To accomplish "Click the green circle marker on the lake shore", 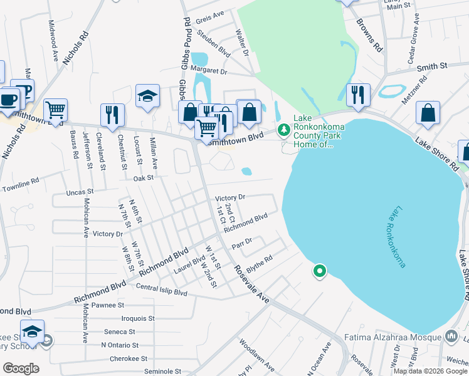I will [x=319, y=271].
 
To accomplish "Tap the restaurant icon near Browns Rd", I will [x=358, y=95].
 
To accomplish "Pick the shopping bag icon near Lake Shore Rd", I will [x=428, y=113].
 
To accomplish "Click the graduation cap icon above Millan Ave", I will [x=147, y=96].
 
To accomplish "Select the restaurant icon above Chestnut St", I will [x=112, y=115].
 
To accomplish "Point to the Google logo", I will [x=21, y=368].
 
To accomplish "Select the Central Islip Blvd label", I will [x=161, y=293].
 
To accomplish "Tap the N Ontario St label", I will [x=122, y=345].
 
